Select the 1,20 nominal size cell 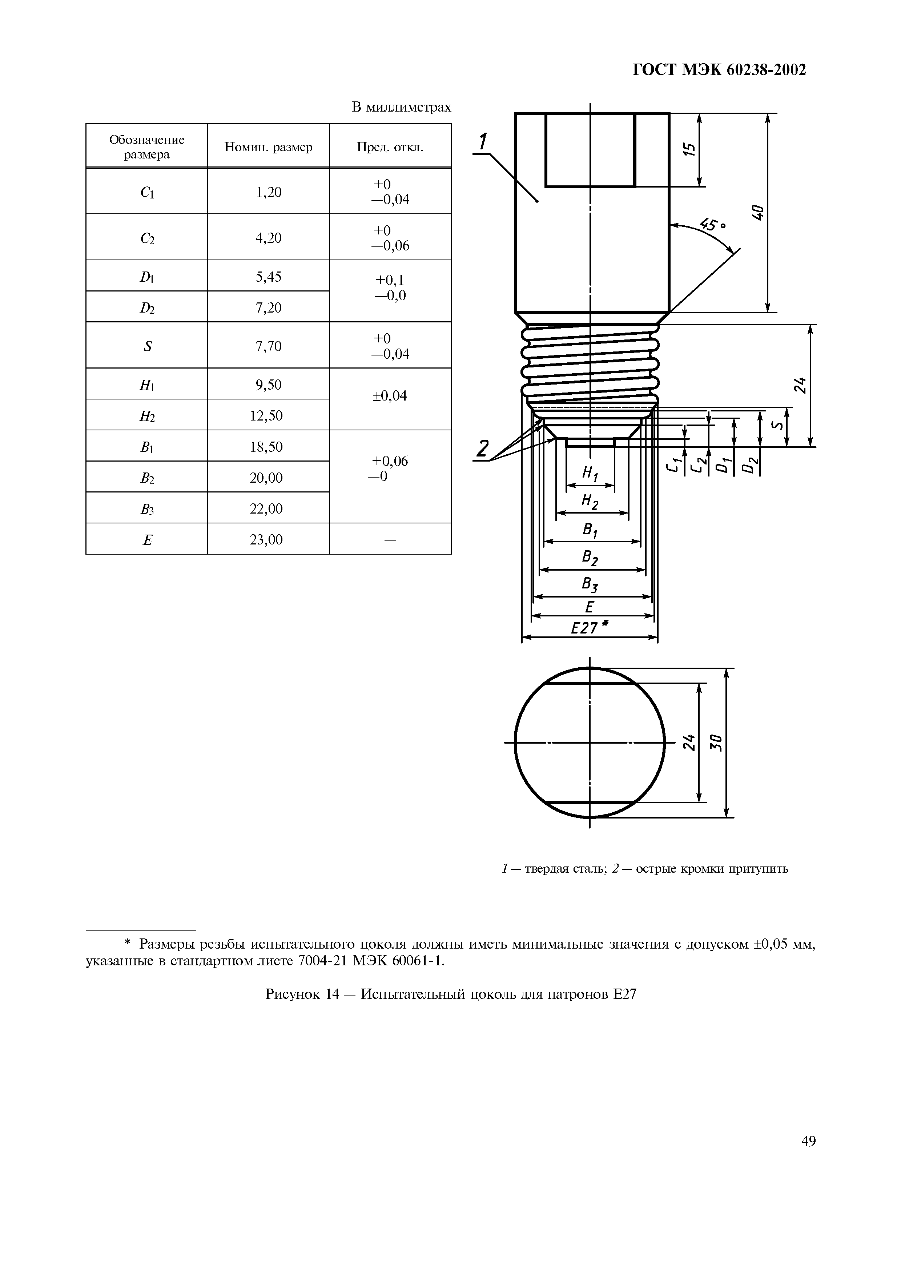(x=268, y=192)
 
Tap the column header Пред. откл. (x=390, y=147)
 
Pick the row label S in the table (x=147, y=346)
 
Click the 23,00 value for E (x=268, y=539)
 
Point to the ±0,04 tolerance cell (x=390, y=396)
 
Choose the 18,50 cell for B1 (x=268, y=446)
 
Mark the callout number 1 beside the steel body (x=482, y=141)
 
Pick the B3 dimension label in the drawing (x=590, y=584)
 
